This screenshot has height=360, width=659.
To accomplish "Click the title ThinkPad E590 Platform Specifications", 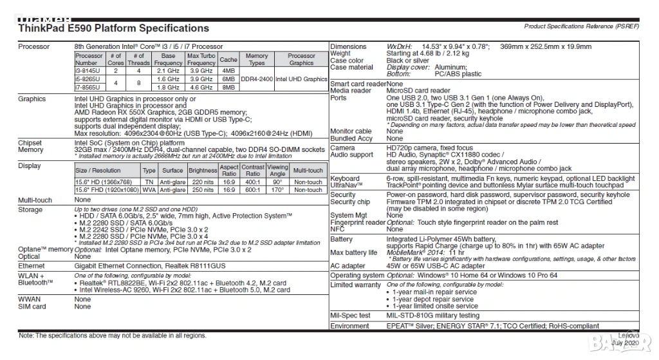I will (114, 28).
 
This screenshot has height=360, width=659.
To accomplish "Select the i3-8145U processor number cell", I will (87, 70).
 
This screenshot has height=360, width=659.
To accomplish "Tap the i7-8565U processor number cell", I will (87, 87).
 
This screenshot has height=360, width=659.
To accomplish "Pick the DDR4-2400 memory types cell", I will (257, 79).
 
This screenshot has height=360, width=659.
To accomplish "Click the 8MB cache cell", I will (228, 87).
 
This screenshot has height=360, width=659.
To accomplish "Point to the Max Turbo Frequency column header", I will (201, 59).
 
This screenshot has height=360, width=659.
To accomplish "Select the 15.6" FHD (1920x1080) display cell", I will (107, 190).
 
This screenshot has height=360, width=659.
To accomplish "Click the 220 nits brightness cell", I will (203, 182).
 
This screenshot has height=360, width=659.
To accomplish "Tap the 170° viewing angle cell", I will (278, 190).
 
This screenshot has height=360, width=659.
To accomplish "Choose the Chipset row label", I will (31, 142).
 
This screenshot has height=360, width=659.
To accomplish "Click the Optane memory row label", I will (45, 249).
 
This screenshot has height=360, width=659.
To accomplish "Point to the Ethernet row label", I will (32, 265).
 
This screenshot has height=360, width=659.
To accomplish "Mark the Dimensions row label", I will (348, 47).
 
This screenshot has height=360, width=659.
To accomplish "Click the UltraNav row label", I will (344, 185).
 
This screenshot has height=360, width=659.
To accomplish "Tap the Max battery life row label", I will (353, 252).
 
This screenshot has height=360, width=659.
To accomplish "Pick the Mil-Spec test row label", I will (350, 316).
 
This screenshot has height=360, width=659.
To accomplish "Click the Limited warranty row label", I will (356, 285).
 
